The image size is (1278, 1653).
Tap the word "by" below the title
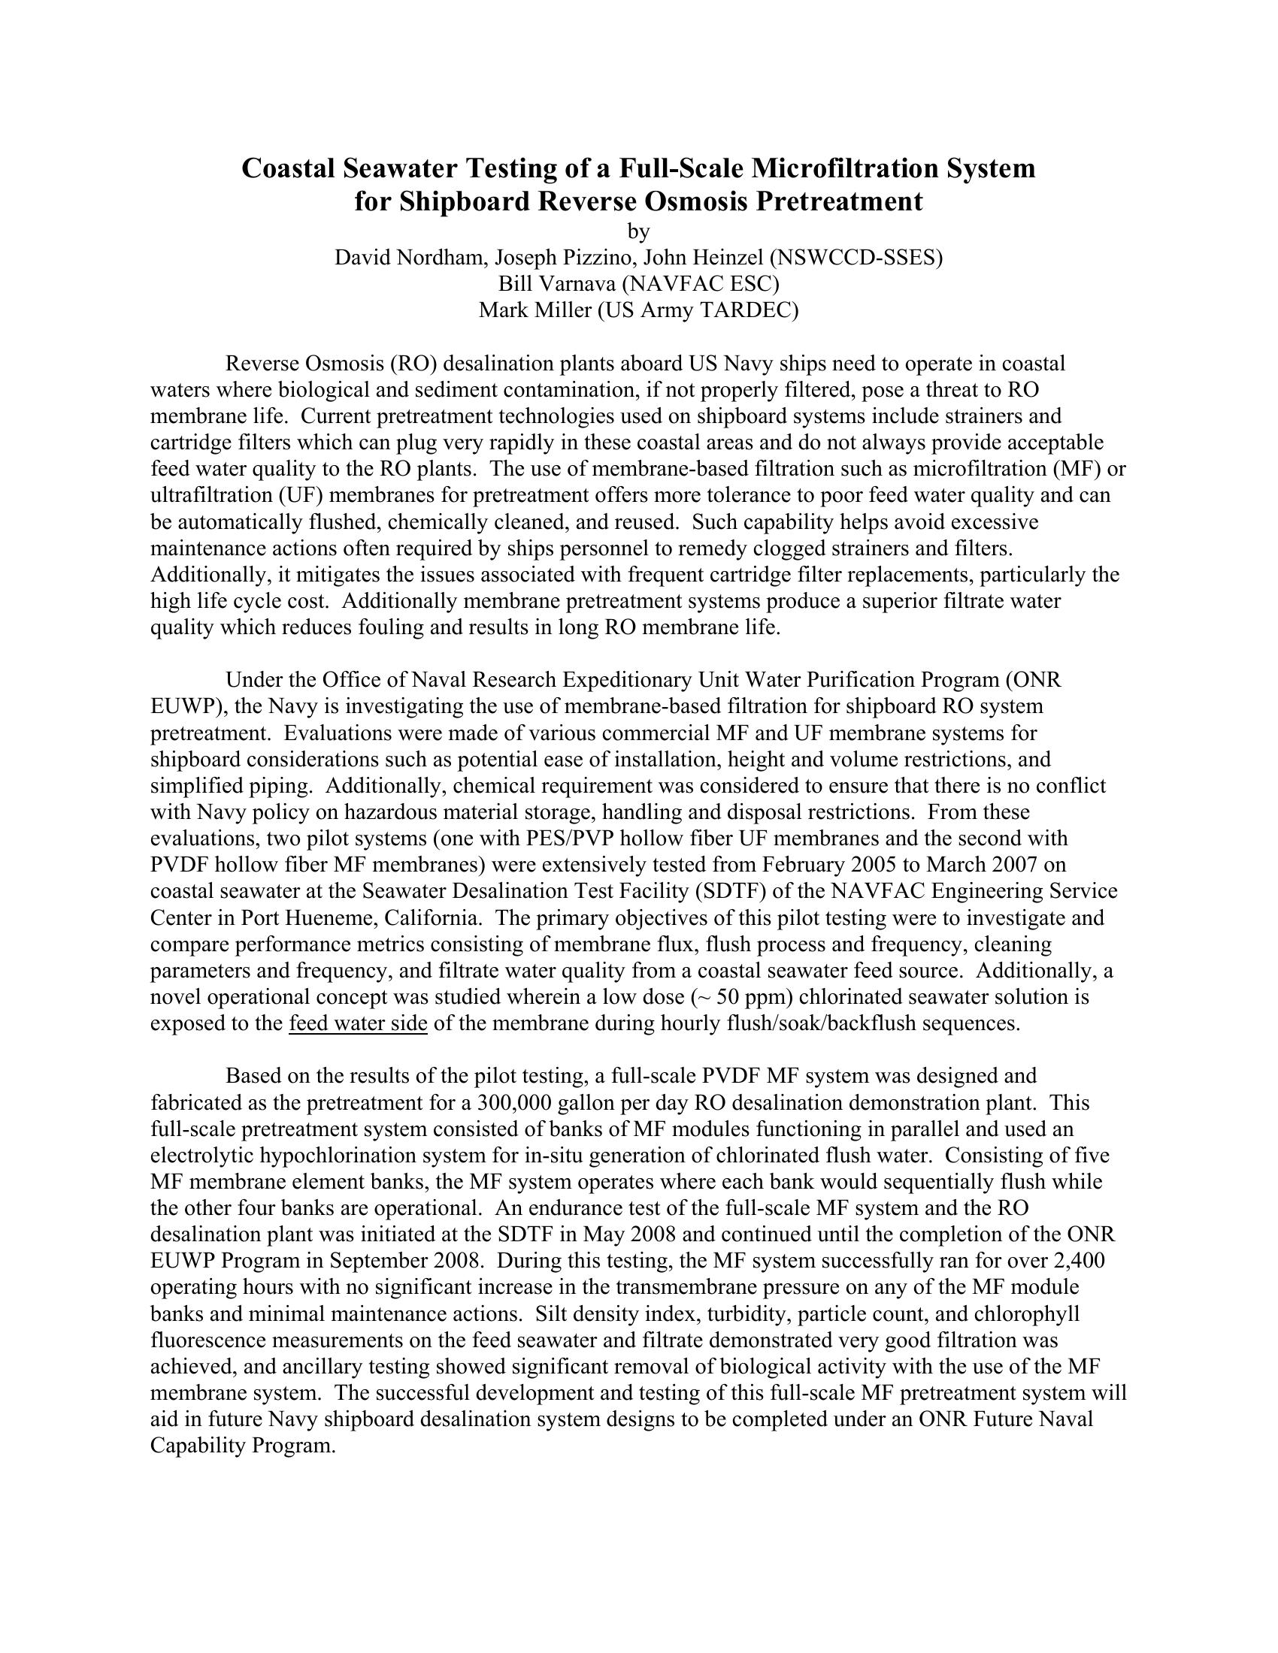[639, 231]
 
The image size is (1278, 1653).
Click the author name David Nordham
[410, 257]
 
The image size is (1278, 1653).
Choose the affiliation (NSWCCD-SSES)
[856, 257]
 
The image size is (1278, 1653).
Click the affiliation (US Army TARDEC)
[698, 310]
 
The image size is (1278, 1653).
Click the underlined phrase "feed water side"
[358, 1023]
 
